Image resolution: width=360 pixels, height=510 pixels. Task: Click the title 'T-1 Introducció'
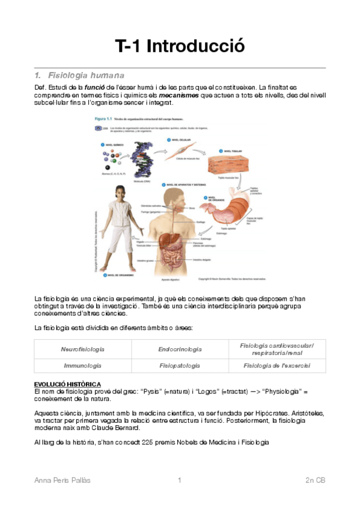[180, 46]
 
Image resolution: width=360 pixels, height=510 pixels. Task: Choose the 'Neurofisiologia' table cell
[82, 349]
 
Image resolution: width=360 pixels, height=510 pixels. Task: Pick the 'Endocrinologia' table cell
[180, 349]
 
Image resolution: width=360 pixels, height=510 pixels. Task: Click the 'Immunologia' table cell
[82, 365]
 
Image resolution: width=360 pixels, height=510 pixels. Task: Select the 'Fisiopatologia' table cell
[180, 365]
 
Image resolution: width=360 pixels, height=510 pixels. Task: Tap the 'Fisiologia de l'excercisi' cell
[276, 365]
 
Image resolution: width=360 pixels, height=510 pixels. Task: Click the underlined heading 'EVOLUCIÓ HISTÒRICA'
[67, 384]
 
